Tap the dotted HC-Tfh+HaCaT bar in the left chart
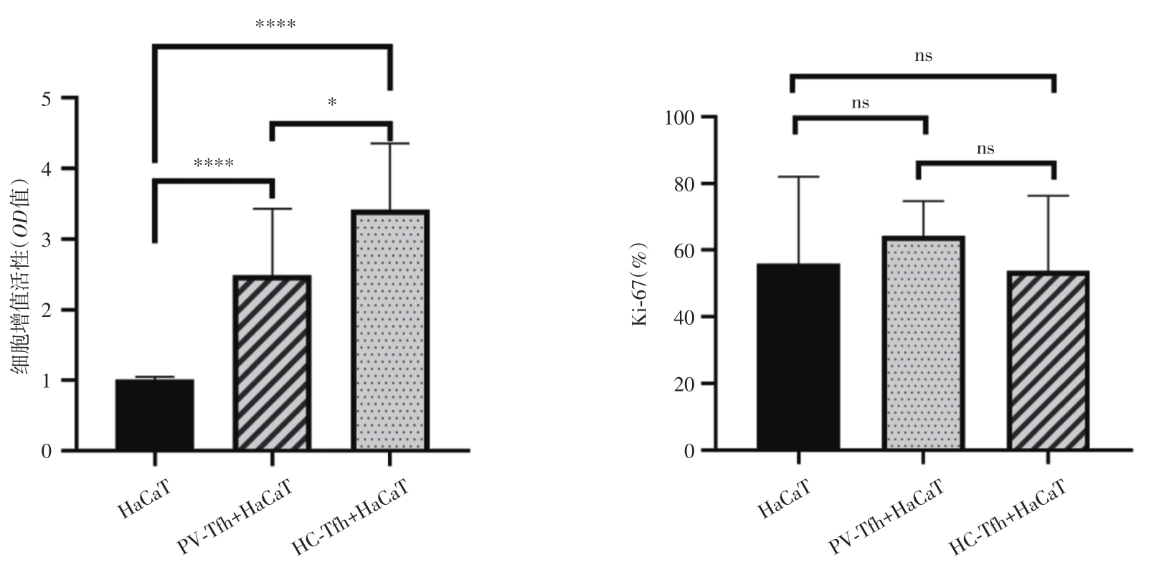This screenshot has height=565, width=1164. coord(390,331)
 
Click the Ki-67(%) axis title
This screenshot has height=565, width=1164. coord(640,284)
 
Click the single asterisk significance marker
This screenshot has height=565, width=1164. coord(332,103)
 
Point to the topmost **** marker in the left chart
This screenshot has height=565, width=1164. coord(275,26)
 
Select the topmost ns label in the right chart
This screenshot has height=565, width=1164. coord(923,56)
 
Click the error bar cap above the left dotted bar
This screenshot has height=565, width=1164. coord(390,144)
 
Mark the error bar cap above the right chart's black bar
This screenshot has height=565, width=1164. coord(798,176)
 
